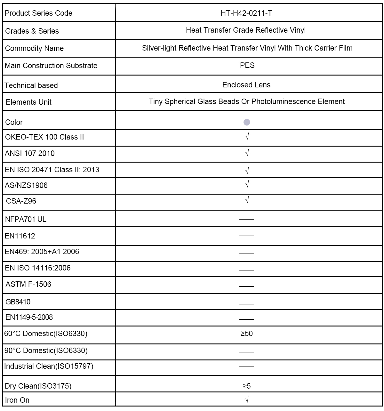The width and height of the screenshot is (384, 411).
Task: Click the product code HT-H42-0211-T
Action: pos(246,13)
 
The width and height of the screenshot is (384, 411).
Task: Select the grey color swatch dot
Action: pos(247,122)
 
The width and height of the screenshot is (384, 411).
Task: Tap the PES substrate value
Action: pos(247,65)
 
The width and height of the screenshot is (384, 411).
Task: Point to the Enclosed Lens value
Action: pos(246,85)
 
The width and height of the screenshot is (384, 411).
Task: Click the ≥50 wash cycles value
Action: pos(246,334)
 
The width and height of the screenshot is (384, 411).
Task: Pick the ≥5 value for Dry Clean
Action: pos(246,386)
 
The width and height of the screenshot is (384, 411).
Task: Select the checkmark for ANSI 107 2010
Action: pos(247,153)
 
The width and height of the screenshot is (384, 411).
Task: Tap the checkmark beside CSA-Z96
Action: pos(247,200)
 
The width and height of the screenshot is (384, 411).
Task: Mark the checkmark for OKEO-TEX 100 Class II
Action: pos(247,137)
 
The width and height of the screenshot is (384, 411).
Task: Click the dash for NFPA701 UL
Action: pos(246,219)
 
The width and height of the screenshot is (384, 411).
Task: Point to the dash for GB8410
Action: pos(246,304)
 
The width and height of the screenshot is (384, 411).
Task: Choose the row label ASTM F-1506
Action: pos(28,284)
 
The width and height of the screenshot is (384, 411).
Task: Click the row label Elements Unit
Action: pos(28,102)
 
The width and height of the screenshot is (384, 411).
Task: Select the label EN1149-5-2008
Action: pos(29,317)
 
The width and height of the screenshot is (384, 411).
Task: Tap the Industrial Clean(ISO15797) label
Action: pos(49,366)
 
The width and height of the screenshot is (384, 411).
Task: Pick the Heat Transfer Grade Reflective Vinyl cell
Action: pos(246,30)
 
